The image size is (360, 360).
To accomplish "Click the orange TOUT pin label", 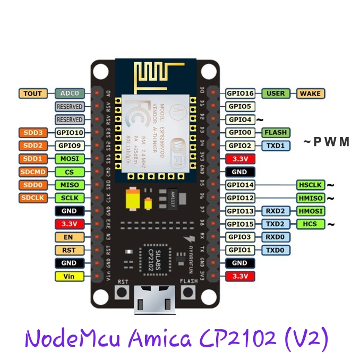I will click(x=33, y=93).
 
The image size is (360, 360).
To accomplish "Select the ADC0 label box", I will click(x=70, y=93).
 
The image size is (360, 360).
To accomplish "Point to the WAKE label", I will click(x=310, y=93).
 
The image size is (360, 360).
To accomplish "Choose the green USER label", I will click(x=276, y=93).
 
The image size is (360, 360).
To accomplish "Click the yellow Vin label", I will click(x=70, y=276).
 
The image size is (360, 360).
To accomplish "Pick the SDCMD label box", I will click(x=33, y=172).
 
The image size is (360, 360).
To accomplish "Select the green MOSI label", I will click(x=70, y=159).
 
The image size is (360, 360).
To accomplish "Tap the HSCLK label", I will click(x=310, y=185).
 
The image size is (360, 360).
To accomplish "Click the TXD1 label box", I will click(x=276, y=145).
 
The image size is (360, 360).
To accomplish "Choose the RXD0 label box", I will click(x=276, y=237).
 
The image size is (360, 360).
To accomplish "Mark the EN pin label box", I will click(x=70, y=237).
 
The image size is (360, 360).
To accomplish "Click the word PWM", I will click(x=328, y=142).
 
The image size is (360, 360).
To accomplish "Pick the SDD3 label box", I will click(x=33, y=133).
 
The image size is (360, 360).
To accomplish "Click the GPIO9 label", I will click(x=70, y=145).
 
